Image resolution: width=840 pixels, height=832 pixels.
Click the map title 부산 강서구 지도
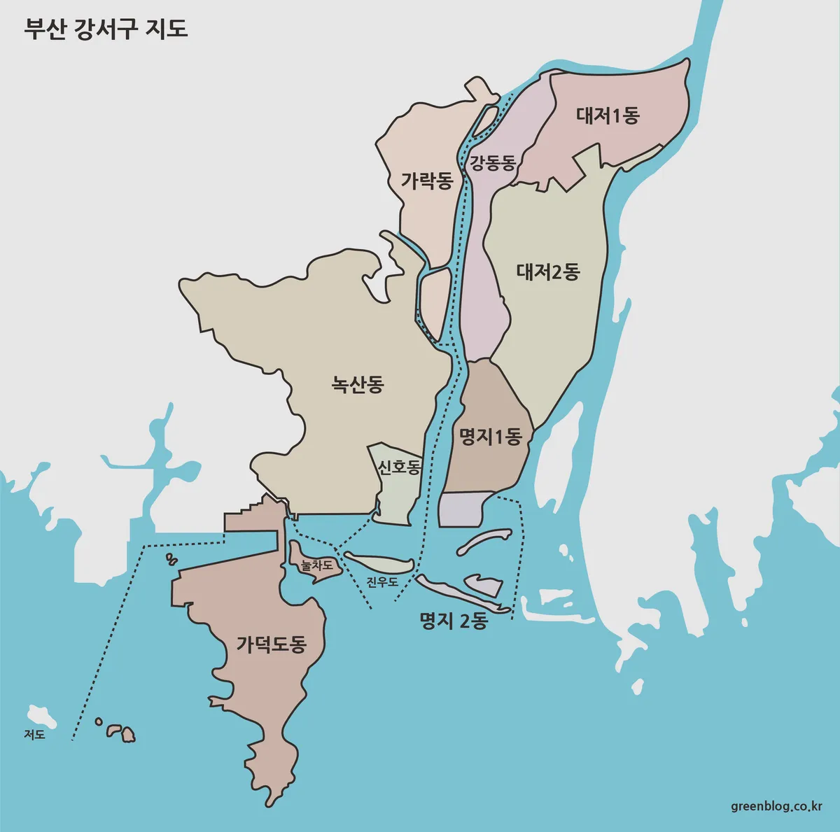pos(106,29)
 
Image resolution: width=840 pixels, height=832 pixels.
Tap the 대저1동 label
pos(608,115)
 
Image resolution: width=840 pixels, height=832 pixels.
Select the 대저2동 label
pos(548,272)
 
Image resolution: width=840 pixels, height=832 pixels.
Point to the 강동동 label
pos(493,163)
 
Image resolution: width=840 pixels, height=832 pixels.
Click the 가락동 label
pos(427,181)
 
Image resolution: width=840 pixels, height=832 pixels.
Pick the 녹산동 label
pos(358,384)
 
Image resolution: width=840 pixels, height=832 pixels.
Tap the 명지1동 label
pos(490,437)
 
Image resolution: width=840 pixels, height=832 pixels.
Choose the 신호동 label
pos(399,467)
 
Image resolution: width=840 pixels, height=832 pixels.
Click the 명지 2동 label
pos(453,621)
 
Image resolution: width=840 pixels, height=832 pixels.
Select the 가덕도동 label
pos(271,644)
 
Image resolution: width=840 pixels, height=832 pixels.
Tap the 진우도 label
pos(382,581)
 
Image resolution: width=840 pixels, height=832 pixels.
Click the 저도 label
pos(34,735)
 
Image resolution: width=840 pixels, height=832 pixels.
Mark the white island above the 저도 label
pos(41,716)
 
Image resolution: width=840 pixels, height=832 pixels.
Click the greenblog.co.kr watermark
pos(776,806)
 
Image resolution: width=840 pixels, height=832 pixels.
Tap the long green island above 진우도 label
pos(378,563)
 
